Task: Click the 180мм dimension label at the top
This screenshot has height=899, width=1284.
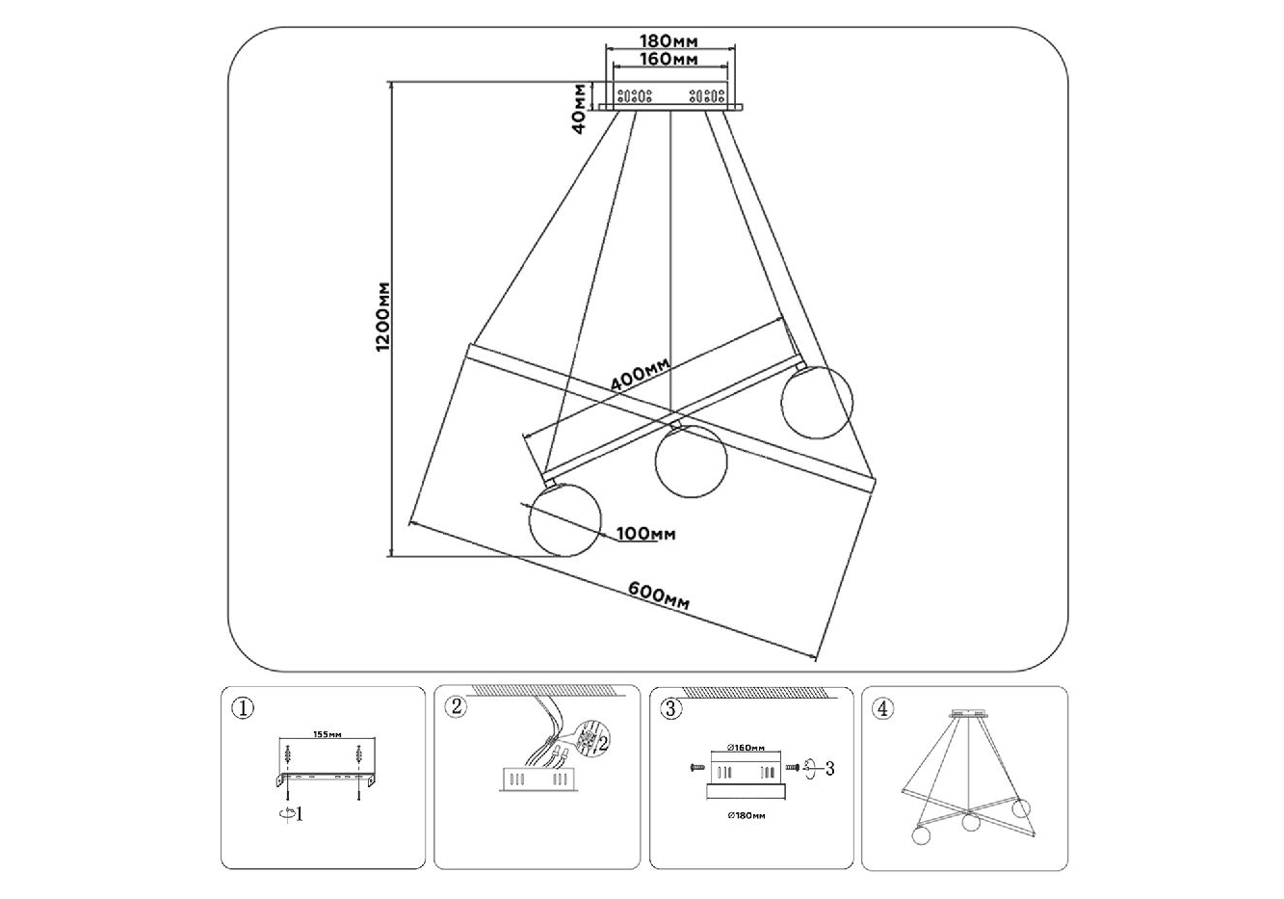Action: click(x=668, y=40)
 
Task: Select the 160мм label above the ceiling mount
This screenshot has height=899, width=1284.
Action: click(x=668, y=60)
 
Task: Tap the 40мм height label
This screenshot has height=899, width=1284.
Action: click(x=579, y=107)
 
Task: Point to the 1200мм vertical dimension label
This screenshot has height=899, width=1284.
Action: click(x=382, y=317)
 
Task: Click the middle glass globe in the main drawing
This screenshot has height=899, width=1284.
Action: click(x=690, y=463)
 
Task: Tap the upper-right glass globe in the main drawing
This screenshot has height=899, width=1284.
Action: click(x=817, y=404)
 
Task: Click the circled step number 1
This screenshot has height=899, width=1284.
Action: click(x=244, y=708)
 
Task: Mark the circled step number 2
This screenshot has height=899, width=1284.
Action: click(x=457, y=708)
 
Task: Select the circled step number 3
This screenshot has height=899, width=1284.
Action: click(x=672, y=708)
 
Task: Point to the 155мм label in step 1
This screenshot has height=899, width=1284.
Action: click(x=328, y=734)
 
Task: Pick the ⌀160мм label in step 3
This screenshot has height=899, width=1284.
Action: click(x=747, y=748)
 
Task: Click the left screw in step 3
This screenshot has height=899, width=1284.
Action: click(x=697, y=768)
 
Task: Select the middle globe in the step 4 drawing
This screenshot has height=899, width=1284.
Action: click(x=970, y=822)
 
